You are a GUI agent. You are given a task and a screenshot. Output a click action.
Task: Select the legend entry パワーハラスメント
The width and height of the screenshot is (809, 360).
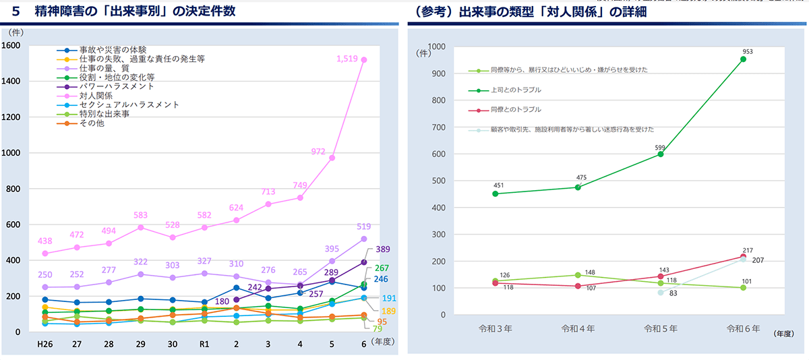click(x=117, y=86)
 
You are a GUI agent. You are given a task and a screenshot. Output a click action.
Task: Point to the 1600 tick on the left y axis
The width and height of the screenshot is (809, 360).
click(x=13, y=45)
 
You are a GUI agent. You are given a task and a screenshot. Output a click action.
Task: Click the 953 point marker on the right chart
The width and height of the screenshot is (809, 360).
click(x=743, y=59)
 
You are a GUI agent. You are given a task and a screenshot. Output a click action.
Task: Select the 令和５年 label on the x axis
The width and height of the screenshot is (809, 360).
click(x=660, y=330)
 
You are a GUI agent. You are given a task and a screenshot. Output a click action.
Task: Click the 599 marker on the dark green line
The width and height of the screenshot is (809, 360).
click(x=661, y=154)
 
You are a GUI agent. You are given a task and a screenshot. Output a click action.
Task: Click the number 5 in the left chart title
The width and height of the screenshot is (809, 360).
click(x=16, y=11)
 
